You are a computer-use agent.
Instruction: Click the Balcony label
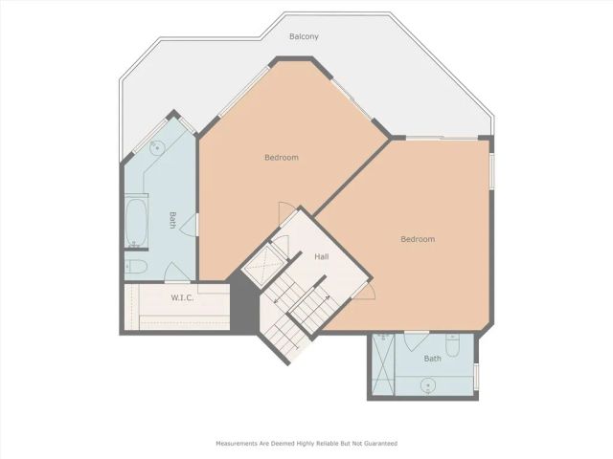click(x=304, y=37)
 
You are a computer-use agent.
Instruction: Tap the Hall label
click(x=322, y=256)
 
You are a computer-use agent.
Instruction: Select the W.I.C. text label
click(x=184, y=297)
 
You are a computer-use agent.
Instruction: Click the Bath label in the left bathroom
click(x=173, y=220)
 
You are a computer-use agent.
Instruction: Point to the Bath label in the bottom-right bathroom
click(x=433, y=359)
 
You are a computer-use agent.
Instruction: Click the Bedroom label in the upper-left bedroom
click(x=282, y=157)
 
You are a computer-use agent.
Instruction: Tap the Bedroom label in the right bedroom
click(x=418, y=239)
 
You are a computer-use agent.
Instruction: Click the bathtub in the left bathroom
click(x=135, y=222)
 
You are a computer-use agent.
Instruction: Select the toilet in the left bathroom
click(x=134, y=267)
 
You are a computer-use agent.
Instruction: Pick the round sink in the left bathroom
click(x=155, y=147)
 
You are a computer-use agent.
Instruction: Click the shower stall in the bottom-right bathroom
click(x=382, y=365)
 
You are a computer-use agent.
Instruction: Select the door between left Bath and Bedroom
click(x=191, y=224)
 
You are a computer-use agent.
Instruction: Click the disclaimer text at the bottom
click(x=306, y=444)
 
